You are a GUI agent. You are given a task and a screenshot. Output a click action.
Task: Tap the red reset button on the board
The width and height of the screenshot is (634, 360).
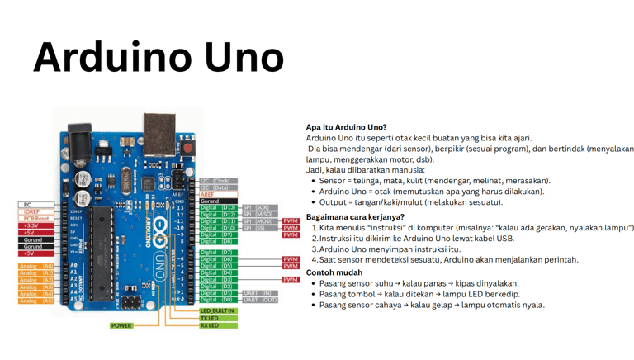[x=187, y=148]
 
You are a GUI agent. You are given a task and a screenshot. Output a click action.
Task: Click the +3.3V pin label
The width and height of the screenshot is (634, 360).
[x=32, y=225]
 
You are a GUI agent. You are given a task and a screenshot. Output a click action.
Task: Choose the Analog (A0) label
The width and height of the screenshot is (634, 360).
[x=35, y=266]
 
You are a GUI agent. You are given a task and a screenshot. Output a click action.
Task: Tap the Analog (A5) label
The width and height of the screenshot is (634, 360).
[x=35, y=301]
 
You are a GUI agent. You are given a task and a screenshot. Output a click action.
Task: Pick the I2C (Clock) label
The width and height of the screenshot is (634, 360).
[x=216, y=180]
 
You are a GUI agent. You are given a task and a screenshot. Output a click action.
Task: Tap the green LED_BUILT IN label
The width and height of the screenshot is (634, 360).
[x=218, y=311]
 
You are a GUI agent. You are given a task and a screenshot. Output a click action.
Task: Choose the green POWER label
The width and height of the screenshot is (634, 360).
[x=121, y=326]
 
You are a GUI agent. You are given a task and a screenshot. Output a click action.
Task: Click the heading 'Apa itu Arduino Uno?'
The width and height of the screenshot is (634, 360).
[x=346, y=127]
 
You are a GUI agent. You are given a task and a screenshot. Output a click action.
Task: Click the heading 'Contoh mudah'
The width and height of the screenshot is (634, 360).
[x=334, y=272]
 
